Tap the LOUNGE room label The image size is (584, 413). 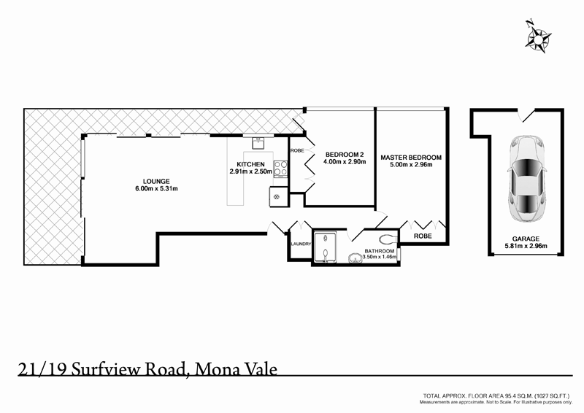(x=156, y=182)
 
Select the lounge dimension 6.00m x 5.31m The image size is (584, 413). (x=156, y=189)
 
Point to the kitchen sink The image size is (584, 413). (x=258, y=143)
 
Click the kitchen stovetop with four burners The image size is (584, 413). (x=280, y=169)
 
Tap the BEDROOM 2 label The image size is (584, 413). (x=345, y=155)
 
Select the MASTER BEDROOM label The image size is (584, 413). (x=411, y=158)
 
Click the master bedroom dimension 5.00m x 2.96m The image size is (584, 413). (x=411, y=166)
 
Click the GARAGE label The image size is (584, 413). (x=526, y=239)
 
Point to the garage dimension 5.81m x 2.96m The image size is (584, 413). (x=526, y=246)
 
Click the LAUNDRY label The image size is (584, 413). (x=301, y=244)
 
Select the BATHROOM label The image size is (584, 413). (x=380, y=252)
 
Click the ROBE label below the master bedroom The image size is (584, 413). (x=423, y=236)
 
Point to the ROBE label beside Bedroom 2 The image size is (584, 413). (x=296, y=150)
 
